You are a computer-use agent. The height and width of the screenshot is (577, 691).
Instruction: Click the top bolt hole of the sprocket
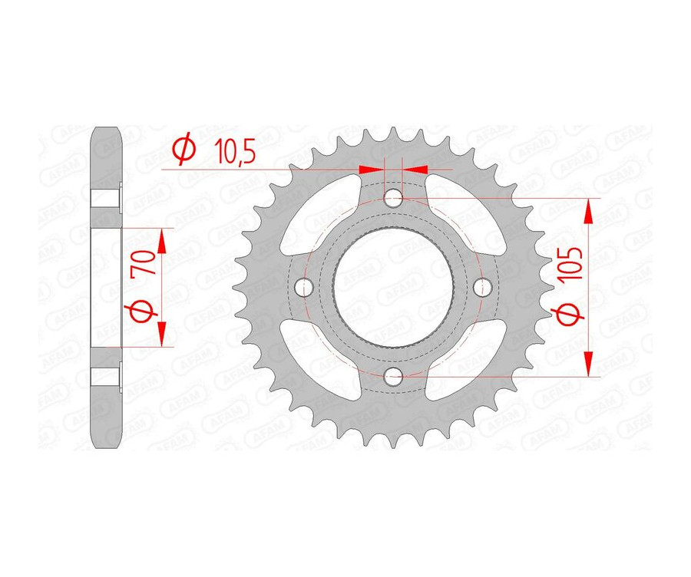pos(394,199)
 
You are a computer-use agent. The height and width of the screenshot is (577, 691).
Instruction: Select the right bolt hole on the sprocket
pos(482,288)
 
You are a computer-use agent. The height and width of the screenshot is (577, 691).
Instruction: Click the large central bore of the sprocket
pos(394,288)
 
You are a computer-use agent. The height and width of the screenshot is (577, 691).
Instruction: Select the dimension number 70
pos(144,266)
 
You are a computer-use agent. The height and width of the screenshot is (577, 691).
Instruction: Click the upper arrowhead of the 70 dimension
pos(162,241)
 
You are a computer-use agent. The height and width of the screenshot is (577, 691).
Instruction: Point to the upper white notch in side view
pos(106,197)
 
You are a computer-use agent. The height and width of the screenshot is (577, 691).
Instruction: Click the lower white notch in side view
pos(106,377)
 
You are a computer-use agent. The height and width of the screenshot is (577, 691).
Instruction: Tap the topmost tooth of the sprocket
pos(394,136)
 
